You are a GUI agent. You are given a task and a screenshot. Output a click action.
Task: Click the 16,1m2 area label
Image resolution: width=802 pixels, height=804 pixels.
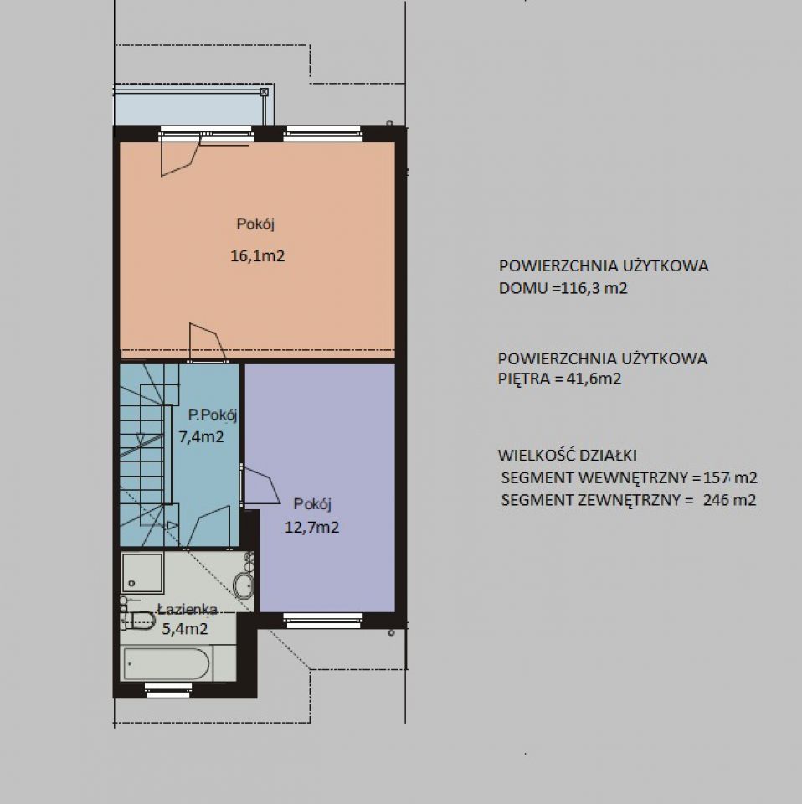[257, 255]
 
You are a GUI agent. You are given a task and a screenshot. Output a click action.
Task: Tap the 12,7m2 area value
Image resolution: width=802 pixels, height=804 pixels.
[311, 527]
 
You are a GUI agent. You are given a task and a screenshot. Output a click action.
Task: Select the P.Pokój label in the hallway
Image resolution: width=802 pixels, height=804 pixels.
[213, 415]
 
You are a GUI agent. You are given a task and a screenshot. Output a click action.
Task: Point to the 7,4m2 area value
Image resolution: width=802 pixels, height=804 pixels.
[201, 437]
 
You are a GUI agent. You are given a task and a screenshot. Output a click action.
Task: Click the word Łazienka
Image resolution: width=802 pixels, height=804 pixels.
[188, 609]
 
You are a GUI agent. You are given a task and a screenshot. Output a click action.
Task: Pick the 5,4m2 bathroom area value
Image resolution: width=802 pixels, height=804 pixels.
[185, 628]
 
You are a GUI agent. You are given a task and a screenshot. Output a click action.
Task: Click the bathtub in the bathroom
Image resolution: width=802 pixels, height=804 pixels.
[167, 663]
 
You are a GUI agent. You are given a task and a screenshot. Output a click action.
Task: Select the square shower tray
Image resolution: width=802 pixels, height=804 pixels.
[142, 572]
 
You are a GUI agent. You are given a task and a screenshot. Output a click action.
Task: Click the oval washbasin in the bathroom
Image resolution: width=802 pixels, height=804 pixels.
[243, 585]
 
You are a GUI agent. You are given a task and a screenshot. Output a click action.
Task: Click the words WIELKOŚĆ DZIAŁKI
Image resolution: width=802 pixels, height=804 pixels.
[568, 455]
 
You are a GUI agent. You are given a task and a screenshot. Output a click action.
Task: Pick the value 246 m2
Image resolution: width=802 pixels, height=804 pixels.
[729, 499]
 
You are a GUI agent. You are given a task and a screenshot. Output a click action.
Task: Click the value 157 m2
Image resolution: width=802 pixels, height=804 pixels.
[730, 477]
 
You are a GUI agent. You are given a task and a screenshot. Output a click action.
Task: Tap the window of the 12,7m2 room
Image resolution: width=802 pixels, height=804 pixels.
[323, 621]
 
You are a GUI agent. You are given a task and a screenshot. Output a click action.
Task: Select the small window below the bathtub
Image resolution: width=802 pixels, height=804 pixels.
[168, 689]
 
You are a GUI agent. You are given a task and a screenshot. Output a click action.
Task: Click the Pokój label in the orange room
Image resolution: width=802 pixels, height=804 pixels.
[255, 224]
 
